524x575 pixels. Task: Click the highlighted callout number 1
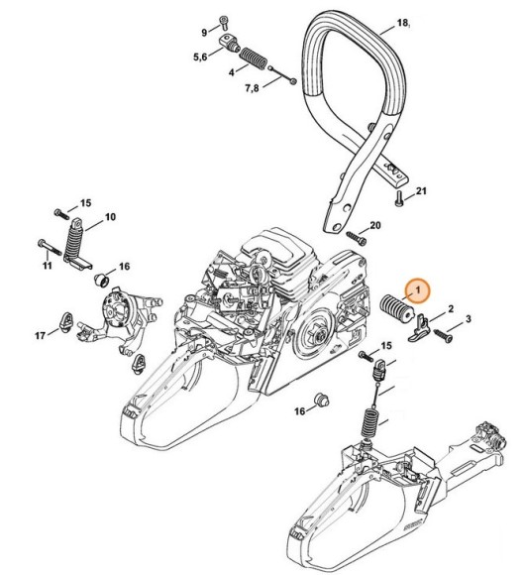tap(418, 289)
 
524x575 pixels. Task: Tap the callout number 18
tap(403, 21)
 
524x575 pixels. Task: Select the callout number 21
tap(420, 190)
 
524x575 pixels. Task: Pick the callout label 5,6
tap(202, 57)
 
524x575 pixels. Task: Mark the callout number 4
tap(231, 71)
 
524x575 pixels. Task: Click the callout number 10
tap(110, 216)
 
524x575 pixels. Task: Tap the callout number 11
tap(47, 265)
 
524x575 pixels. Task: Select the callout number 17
tap(41, 336)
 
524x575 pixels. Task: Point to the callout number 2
tap(451, 309)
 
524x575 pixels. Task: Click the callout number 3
tap(469, 319)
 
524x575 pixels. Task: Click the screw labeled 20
tap(352, 234)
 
